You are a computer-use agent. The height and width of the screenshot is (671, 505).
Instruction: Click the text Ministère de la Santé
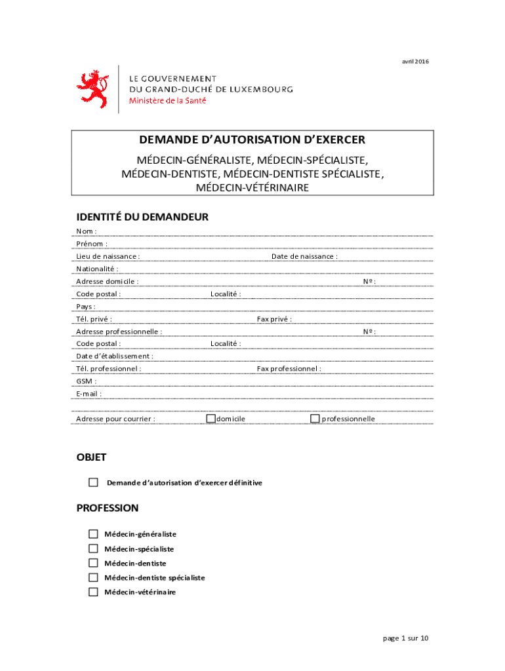tap(167, 100)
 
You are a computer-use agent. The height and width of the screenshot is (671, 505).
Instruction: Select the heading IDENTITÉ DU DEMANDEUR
tap(142, 217)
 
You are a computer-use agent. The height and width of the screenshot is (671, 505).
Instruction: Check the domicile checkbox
tap(211, 418)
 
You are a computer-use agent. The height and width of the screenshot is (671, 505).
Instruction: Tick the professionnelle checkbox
tap(315, 418)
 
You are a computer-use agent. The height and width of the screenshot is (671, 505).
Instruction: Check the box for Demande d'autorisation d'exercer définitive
tap(93, 482)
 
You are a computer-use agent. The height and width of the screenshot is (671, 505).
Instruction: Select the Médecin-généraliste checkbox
tap(93, 534)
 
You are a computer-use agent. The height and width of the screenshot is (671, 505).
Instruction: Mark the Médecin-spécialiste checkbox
tap(93, 548)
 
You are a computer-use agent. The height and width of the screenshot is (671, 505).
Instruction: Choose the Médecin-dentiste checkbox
tap(93, 563)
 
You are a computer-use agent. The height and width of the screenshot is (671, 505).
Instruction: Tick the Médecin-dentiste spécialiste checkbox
tap(93, 577)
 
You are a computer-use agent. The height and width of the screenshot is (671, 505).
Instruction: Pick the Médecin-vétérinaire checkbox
tap(93, 592)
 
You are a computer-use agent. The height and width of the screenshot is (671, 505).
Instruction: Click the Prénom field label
tap(92, 244)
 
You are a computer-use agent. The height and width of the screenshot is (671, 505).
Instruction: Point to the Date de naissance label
tap(304, 256)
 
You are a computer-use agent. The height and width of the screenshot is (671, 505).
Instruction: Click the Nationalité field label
tap(97, 269)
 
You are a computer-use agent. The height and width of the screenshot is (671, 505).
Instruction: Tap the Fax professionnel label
tap(289, 368)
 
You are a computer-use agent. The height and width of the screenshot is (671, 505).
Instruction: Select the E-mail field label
tap(89, 394)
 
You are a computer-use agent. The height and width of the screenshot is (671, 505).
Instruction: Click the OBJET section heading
tap(91, 457)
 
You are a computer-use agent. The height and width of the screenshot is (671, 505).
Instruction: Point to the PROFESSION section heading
tap(108, 508)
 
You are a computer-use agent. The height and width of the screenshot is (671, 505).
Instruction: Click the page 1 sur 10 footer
tap(405, 638)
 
